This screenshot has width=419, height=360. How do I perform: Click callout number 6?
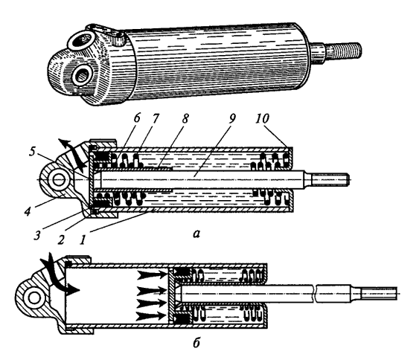[137, 118]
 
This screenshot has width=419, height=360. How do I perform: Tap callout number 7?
[156, 118]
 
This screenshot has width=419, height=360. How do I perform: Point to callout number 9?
[232, 118]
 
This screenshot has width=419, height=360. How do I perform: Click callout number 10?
[262, 118]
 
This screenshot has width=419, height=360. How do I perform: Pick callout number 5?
[32, 152]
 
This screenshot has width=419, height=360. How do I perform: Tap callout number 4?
[28, 211]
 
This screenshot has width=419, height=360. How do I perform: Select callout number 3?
[37, 235]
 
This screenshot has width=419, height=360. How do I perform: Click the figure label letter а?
[196, 234]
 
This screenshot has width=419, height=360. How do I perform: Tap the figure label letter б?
[196, 342]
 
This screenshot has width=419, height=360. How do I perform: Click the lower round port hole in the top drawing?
[83, 76]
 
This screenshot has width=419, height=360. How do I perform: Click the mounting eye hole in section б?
[34, 298]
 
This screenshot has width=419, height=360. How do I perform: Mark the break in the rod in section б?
[315, 294]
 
